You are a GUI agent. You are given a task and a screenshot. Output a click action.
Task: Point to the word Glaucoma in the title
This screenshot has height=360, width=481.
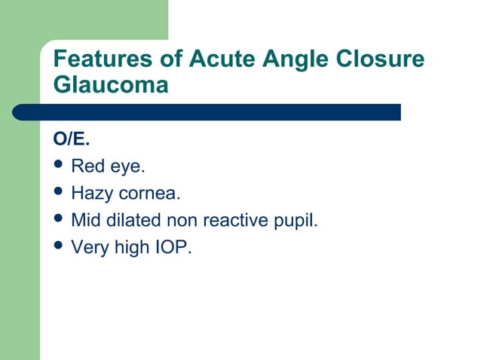click(111, 85)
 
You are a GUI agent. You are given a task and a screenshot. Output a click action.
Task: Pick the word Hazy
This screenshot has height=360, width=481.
click(90, 194)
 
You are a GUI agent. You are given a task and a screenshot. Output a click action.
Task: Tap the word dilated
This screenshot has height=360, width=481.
click(129, 221)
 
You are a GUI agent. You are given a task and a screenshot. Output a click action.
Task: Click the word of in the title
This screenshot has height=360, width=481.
click(166, 59)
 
